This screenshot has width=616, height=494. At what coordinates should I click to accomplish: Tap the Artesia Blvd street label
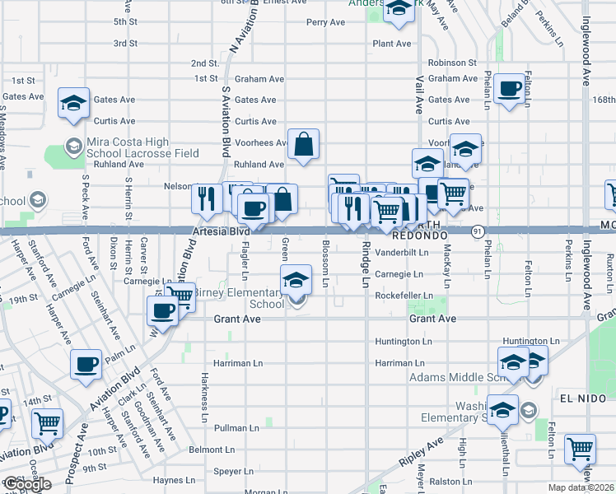click(x=221, y=232)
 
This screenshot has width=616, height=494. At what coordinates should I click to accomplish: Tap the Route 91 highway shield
click(x=478, y=232)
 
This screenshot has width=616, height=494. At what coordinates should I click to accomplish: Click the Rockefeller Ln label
click(x=404, y=295)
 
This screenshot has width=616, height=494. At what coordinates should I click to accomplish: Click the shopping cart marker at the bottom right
click(x=581, y=450)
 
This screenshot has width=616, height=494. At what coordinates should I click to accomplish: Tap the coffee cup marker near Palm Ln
click(x=86, y=364)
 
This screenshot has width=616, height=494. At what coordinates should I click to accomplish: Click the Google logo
click(x=27, y=484)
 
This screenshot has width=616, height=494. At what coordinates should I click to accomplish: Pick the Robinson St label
click(x=452, y=63)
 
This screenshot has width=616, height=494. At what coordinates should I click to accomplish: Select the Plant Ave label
click(x=392, y=44)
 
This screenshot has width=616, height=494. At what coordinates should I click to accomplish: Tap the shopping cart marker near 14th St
click(x=48, y=424)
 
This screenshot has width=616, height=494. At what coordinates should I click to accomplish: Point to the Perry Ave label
click(x=325, y=22)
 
